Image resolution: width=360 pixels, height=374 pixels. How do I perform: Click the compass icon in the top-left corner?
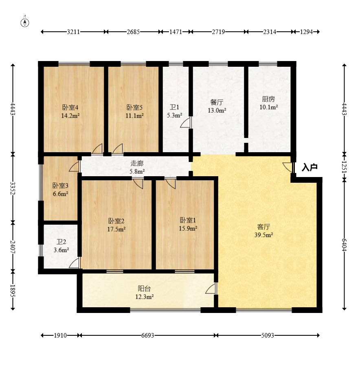click(x=25, y=22)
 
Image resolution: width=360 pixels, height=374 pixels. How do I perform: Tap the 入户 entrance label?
click(x=310, y=167)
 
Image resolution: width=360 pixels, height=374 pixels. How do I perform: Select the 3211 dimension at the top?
click(x=73, y=32)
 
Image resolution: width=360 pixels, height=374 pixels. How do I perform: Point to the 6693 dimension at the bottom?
click(x=147, y=335)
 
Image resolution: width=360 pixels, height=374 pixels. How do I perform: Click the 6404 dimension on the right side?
click(x=344, y=245)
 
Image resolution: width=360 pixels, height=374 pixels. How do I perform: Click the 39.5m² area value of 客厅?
click(x=263, y=235)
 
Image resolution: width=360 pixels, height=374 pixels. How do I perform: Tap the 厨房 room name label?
click(x=268, y=99)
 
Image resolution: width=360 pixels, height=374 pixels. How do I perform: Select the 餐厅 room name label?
click(x=217, y=102)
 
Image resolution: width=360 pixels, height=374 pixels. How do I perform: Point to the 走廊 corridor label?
click(x=137, y=163)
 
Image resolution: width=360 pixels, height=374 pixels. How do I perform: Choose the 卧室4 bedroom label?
click(x=70, y=107)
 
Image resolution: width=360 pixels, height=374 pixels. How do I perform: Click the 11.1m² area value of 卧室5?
click(x=135, y=116)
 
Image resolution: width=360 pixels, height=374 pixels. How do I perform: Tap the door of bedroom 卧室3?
click(x=74, y=166)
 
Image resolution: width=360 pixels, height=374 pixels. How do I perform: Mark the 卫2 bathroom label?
click(x=61, y=242)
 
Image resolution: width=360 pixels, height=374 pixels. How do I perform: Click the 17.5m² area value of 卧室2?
click(x=116, y=229)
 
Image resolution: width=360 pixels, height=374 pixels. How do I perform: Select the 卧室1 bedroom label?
click(x=188, y=220)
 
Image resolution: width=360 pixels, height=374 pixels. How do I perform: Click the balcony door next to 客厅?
click(x=211, y=289)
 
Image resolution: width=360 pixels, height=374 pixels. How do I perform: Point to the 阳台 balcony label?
click(x=145, y=289)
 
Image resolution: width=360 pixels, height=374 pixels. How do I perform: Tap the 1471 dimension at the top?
click(x=176, y=32)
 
